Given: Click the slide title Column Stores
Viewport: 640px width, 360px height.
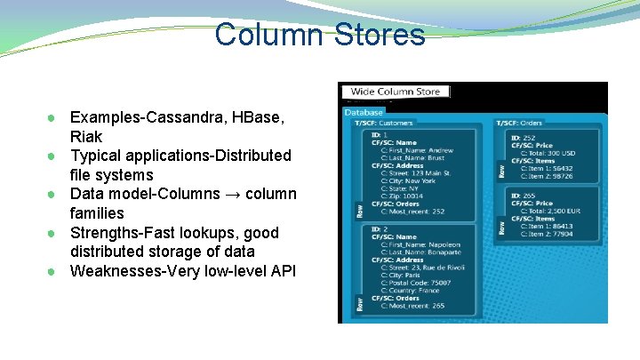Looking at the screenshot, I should coord(320,35).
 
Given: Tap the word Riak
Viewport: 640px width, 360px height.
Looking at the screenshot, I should coord(86,137).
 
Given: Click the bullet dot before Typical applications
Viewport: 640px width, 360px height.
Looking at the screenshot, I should coord(55,156).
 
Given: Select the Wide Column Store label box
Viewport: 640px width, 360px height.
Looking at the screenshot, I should coord(396,92).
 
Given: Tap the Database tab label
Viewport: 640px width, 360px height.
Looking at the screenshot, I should coord(364,113).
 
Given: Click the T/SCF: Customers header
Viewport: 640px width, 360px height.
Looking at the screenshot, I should coord(385,123).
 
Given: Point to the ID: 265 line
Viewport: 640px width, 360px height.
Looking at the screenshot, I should coord(524,196).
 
